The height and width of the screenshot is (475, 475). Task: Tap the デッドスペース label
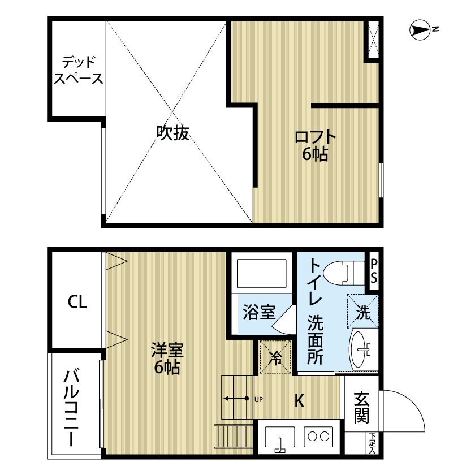78,70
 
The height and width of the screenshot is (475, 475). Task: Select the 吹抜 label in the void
172,133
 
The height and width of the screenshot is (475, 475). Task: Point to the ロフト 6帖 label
314,145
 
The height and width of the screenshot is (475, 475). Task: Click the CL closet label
77,303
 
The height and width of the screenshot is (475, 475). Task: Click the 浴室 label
259,312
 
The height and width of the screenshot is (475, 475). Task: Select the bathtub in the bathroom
261,274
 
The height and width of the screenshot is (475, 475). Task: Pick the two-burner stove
319,437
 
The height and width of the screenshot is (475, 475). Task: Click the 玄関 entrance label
362,408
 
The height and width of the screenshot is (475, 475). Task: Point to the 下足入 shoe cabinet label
372,443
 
